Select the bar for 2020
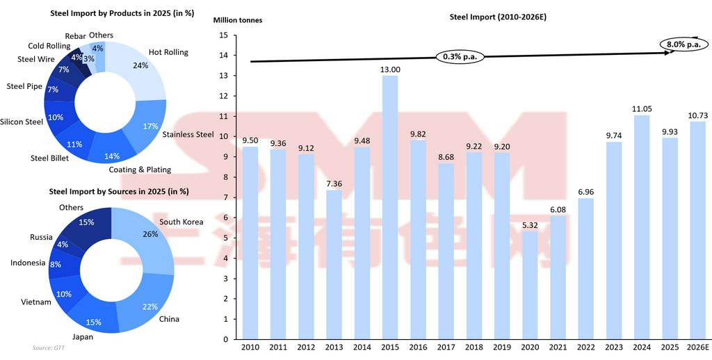tap(530, 285)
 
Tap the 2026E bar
tap(697, 230)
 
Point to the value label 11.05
tap(642, 109)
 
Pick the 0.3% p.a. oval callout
tap(460, 56)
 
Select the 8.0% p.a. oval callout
tap(683, 44)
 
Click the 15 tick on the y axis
tap(223, 35)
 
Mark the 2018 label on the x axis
tap(474, 347)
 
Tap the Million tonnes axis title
tap(238, 20)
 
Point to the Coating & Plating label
tap(140, 170)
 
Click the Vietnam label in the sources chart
tap(36, 302)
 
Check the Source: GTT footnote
tap(47, 347)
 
